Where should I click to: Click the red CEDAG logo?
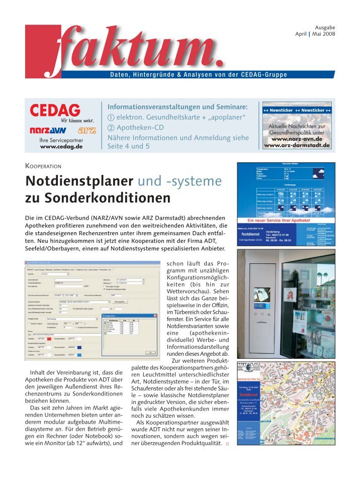55,110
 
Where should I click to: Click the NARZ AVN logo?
48,130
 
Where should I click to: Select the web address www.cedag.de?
61,147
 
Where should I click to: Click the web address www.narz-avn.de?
297,138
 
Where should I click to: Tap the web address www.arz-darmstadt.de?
297,145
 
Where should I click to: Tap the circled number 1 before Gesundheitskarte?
111,118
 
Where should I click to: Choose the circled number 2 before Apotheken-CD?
111,128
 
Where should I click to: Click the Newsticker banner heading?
297,110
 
